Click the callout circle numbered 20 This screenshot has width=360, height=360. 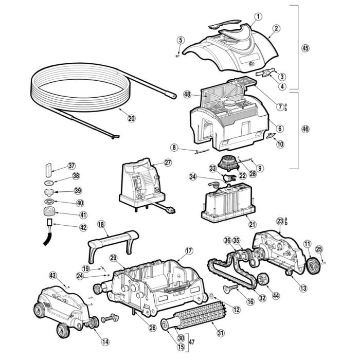click(131, 118)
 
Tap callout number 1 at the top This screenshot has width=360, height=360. click(258, 16)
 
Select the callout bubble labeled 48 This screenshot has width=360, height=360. click(187, 94)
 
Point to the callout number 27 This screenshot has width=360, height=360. click(168, 162)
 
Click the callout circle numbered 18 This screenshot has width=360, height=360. click(101, 224)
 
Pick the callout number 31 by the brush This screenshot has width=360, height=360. click(221, 333)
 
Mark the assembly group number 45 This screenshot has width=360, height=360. click(305, 48)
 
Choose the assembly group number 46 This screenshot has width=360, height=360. click(305, 129)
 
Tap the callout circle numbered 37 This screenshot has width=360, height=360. click(71, 166)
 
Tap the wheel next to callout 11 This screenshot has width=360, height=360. click(312, 265)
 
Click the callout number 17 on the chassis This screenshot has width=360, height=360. click(189, 250)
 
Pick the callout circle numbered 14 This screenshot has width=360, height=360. click(105, 340)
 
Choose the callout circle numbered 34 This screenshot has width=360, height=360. click(193, 176)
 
